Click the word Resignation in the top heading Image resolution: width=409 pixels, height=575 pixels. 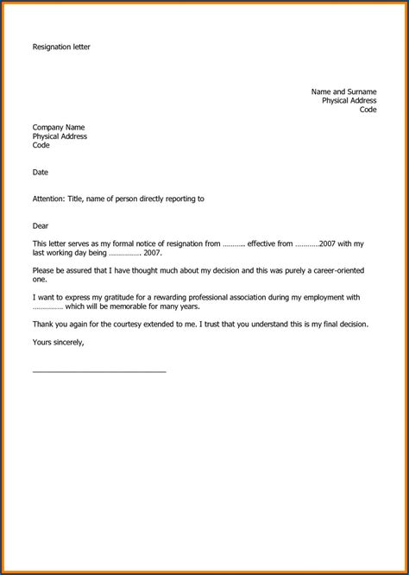pos(51,47)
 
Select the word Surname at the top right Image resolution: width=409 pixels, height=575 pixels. pos(362,92)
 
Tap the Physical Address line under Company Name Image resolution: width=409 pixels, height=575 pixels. pos(60,136)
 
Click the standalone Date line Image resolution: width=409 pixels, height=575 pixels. pos(41,173)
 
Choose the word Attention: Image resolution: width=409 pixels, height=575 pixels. pos(48,199)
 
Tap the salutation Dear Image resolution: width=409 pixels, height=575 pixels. pos(41,226)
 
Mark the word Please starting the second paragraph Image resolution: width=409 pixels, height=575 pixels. pos(44,271)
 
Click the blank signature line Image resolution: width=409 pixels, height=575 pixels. pos(99,372)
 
